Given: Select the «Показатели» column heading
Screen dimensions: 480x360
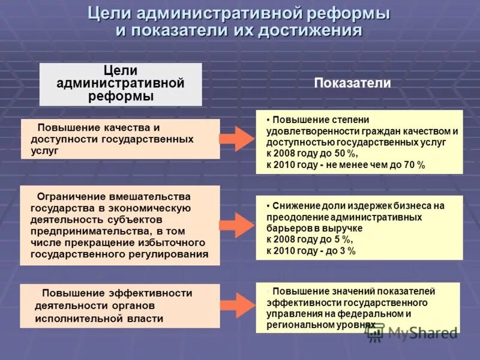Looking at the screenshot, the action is click(352, 83).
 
